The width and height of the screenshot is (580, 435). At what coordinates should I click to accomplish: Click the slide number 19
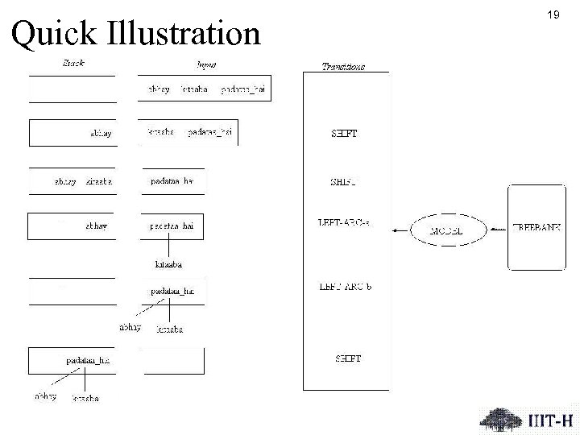pyautogui.click(x=553, y=14)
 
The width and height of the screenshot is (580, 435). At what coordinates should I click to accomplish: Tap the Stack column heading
pyautogui.click(x=73, y=62)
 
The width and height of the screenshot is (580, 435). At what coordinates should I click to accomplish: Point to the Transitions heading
pyautogui.click(x=343, y=66)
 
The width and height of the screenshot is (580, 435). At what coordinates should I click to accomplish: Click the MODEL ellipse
pyautogui.click(x=450, y=230)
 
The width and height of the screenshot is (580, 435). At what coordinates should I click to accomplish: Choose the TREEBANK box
pyautogui.click(x=536, y=229)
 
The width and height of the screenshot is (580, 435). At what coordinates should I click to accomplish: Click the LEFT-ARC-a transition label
pyautogui.click(x=345, y=222)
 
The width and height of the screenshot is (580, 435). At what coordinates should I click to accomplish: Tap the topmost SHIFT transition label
pyautogui.click(x=345, y=134)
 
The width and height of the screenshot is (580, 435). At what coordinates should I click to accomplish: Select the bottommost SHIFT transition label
pyautogui.click(x=346, y=358)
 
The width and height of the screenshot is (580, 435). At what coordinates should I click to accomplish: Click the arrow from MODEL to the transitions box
pyautogui.click(x=400, y=231)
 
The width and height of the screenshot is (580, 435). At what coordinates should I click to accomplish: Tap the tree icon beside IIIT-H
pyautogui.click(x=500, y=418)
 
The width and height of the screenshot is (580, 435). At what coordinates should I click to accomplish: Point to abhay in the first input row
pyautogui.click(x=159, y=89)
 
